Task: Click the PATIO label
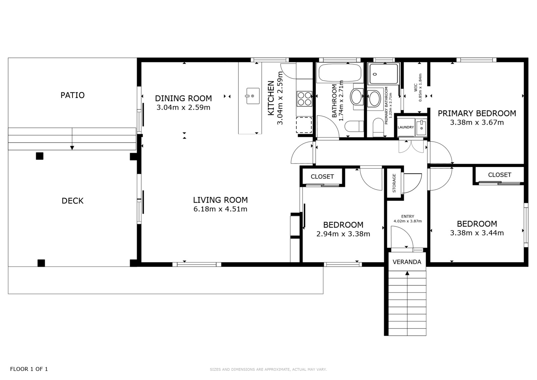(x=72, y=95)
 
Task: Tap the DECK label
(x=72, y=201)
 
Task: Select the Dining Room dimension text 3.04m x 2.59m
(x=183, y=107)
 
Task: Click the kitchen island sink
(x=253, y=96)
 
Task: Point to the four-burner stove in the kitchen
(x=304, y=99)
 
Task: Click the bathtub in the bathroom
(x=340, y=73)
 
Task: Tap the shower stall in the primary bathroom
(x=384, y=74)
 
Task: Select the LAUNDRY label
(x=406, y=127)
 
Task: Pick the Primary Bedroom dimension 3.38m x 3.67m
(x=477, y=122)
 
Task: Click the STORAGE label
(x=394, y=183)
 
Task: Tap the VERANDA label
(x=407, y=262)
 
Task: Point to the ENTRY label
(x=407, y=216)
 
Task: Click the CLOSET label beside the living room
(x=322, y=177)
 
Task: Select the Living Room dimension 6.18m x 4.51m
(x=220, y=209)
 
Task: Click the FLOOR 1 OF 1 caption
(x=29, y=369)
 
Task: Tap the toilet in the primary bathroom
(x=378, y=127)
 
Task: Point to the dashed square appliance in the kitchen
(x=304, y=125)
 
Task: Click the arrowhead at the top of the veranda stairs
(x=407, y=273)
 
